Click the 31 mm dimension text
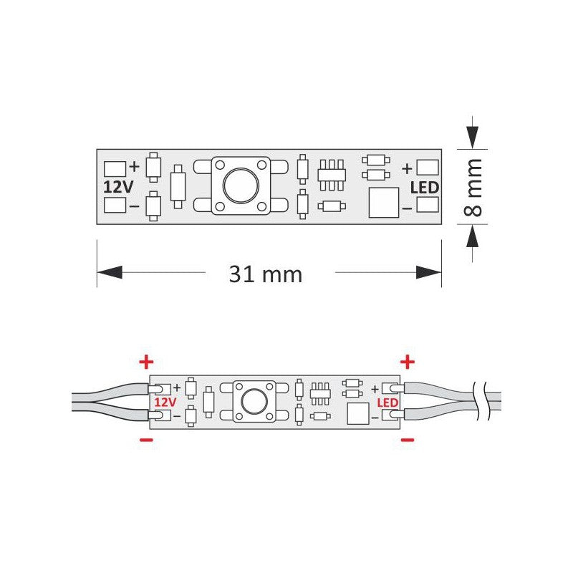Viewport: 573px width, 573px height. (x=265, y=274)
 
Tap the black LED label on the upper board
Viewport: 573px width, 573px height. (x=425, y=188)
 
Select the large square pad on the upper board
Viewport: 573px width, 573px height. (x=382, y=203)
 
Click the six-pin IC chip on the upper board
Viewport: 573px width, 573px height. (x=332, y=174)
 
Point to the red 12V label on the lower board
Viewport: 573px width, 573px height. (x=164, y=403)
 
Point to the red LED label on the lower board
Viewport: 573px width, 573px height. (x=387, y=403)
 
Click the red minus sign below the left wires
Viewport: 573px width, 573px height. (x=145, y=441)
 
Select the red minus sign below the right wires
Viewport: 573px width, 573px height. (x=407, y=439)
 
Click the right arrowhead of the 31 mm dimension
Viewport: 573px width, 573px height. (x=429, y=273)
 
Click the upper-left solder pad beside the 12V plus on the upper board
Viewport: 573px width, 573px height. (x=115, y=169)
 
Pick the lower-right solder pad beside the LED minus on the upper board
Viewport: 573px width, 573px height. (x=427, y=206)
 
